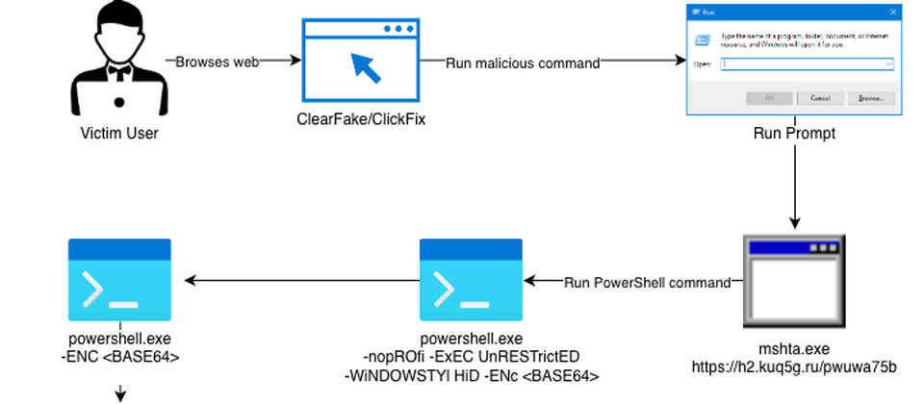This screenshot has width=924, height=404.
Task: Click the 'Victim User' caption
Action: [118, 134]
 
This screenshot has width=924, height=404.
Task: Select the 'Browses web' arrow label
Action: [217, 62]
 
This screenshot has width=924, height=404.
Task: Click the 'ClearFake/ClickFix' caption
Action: [361, 120]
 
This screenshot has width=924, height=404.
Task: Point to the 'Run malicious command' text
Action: [523, 63]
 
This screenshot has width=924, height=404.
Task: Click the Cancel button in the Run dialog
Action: [820, 98]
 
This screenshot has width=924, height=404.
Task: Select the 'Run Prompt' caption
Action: [794, 134]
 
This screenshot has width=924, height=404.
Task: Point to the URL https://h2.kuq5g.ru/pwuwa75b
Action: [794, 367]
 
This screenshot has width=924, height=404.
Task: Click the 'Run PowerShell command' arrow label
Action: [647, 283]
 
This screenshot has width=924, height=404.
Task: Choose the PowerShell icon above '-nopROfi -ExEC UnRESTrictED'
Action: [471, 280]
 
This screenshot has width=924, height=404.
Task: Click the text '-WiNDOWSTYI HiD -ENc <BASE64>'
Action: [472, 375]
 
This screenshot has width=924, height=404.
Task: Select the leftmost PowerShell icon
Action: [119, 280]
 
